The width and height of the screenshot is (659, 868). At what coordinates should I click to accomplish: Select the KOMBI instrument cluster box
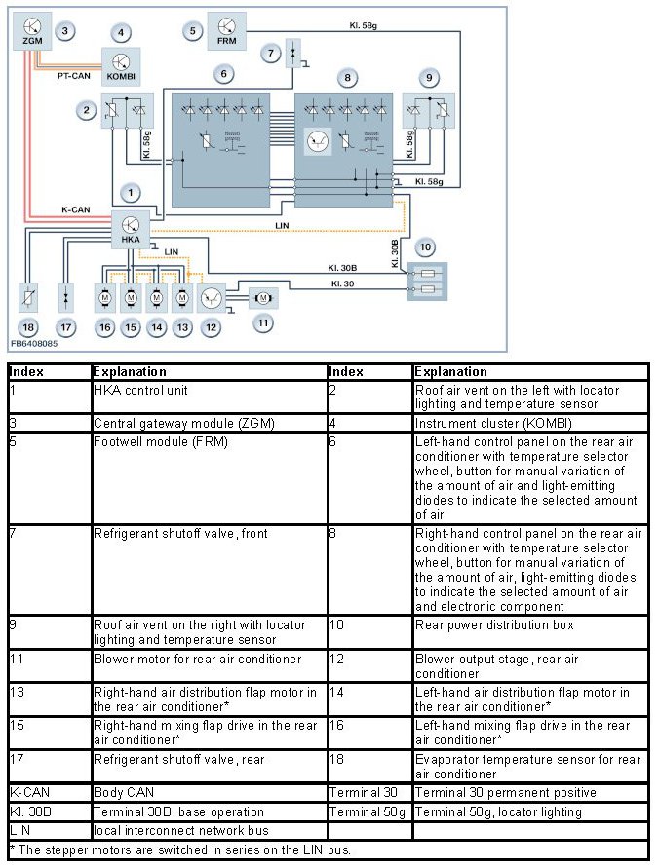pyautogui.click(x=121, y=65)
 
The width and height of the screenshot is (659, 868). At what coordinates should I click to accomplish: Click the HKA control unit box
pyautogui.click(x=131, y=228)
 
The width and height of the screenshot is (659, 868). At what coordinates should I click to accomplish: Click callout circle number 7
pyautogui.click(x=271, y=53)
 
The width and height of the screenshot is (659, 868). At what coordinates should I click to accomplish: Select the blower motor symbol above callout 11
pyautogui.click(x=263, y=295)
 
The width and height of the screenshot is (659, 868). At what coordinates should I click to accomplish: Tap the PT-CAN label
pyautogui.click(x=73, y=74)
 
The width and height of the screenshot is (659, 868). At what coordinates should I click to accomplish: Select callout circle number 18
pyautogui.click(x=29, y=327)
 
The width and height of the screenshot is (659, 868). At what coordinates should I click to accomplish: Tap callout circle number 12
pyautogui.click(x=211, y=328)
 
